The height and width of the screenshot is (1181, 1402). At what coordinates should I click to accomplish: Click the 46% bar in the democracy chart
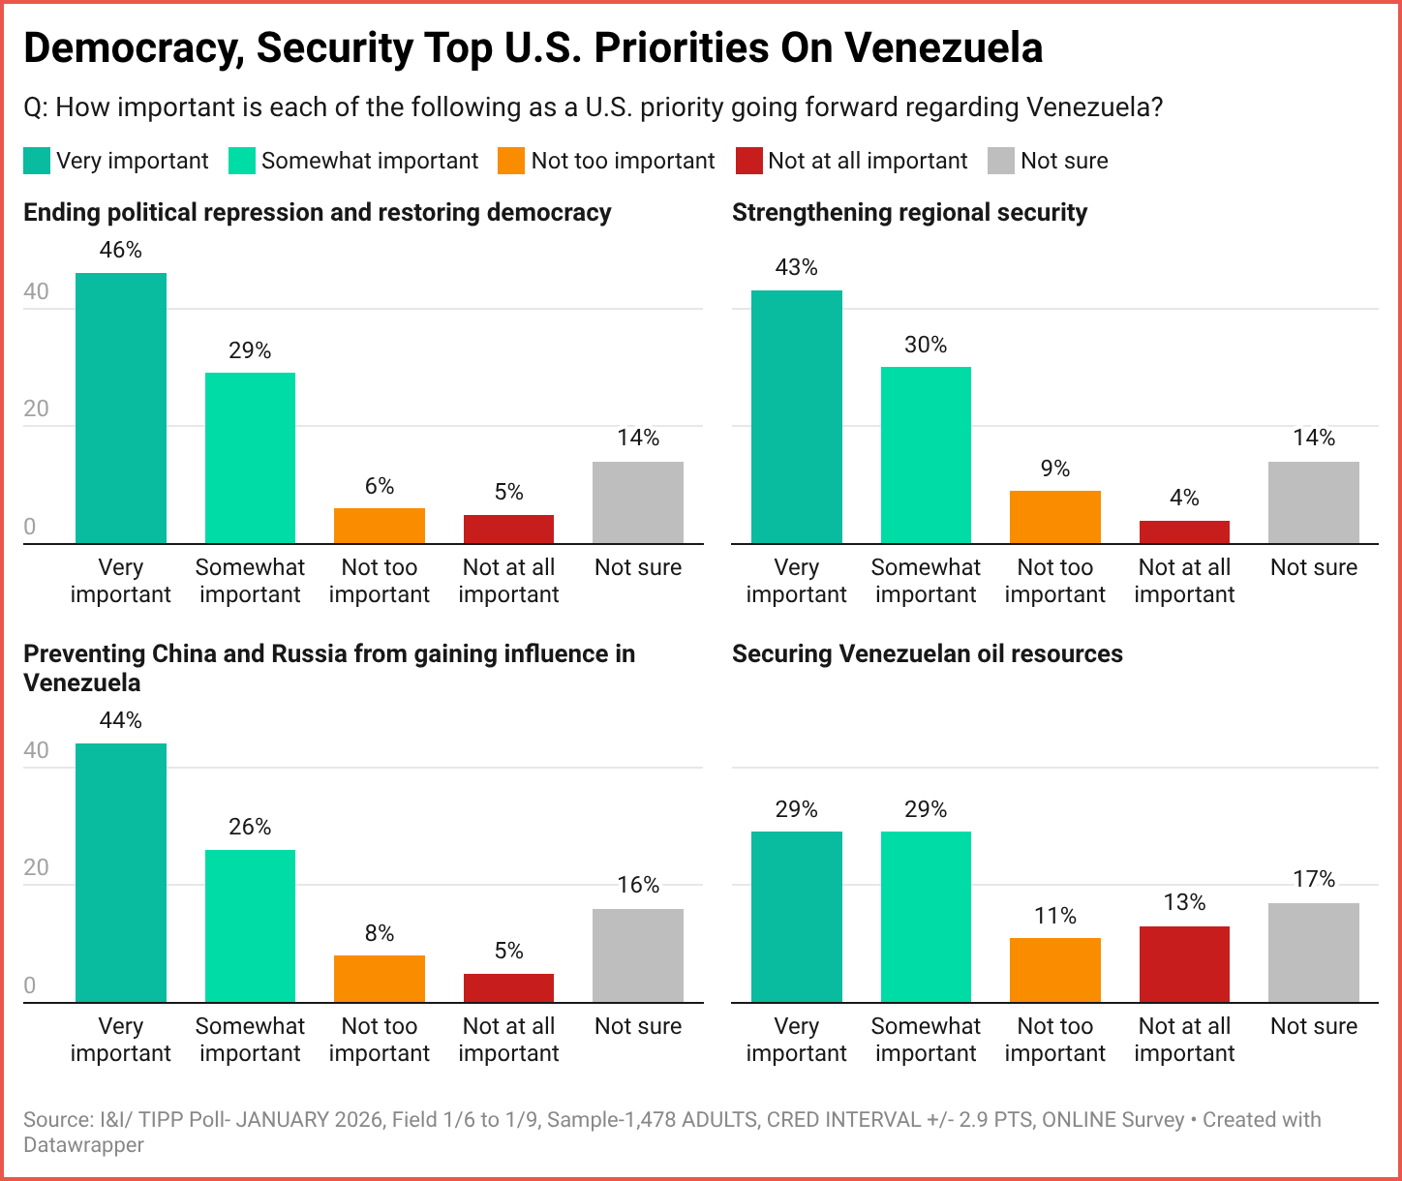tap(121, 408)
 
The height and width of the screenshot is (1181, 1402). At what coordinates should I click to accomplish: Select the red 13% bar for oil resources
tap(1184, 964)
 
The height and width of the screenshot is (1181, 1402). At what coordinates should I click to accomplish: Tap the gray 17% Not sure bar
tap(1314, 953)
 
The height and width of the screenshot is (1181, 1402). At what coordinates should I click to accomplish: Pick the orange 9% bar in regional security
tap(1055, 517)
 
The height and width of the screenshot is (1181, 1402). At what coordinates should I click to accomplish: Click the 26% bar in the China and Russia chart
tap(250, 925)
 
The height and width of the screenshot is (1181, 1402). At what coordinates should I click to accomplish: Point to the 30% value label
tap(926, 345)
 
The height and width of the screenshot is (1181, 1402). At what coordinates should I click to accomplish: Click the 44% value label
tap(121, 720)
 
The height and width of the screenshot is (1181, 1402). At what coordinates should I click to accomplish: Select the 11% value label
tap(1055, 916)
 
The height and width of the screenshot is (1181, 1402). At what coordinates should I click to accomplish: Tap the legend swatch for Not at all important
tap(748, 161)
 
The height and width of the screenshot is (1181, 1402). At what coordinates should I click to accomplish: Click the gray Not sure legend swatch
tap(1000, 161)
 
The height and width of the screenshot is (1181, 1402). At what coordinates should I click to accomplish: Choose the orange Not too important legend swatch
tap(511, 161)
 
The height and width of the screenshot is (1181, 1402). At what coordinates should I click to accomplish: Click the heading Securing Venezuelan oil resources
tap(927, 653)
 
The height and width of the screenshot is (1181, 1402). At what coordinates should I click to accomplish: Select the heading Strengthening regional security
tap(909, 212)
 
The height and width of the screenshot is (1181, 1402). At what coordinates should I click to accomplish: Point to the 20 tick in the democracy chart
tap(36, 409)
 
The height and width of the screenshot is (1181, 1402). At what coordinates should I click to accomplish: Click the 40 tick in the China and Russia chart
tap(36, 750)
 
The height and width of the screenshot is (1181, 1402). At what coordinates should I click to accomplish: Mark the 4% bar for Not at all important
tap(1184, 531)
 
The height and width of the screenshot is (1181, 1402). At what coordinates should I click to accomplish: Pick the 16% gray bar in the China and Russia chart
tap(638, 955)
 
